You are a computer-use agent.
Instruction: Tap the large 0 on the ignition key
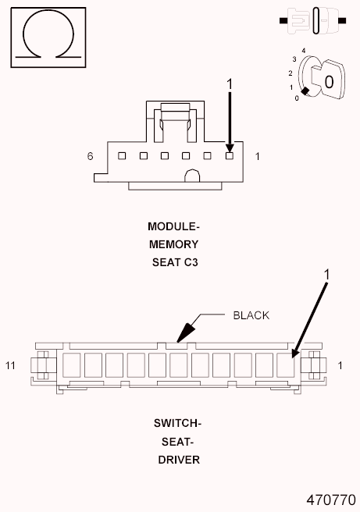(329, 81)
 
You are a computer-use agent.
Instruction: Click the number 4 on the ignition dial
(302, 50)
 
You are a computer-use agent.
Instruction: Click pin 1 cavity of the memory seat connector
(229, 155)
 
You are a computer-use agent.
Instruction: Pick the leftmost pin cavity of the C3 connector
(123, 155)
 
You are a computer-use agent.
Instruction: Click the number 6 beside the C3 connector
(91, 156)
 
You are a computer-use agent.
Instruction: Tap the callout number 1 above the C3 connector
(230, 83)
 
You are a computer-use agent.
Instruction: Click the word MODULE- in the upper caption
(174, 226)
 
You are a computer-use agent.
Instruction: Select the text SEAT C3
(175, 262)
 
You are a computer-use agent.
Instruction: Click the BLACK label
(251, 315)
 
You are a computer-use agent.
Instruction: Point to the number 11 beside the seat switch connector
(11, 365)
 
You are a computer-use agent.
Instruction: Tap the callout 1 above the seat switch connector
(327, 274)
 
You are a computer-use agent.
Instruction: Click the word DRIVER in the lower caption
(177, 460)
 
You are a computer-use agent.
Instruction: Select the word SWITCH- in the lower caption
(177, 424)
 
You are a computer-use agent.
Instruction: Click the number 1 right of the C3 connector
(258, 156)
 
